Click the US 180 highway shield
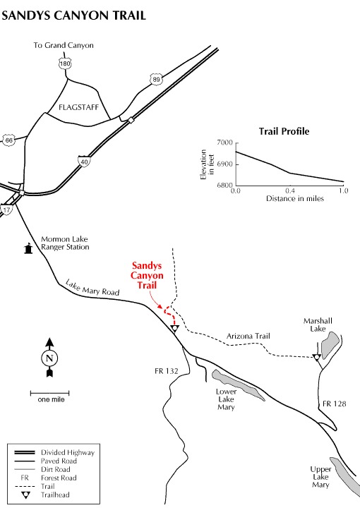(65, 63)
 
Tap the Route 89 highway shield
(156, 80)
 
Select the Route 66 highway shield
(9, 140)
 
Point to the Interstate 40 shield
(85, 162)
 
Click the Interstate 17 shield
(6, 210)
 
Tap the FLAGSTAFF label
(78, 107)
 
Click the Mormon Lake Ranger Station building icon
(29, 248)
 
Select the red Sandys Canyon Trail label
(147, 275)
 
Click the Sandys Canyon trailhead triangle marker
(175, 328)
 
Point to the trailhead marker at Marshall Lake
(317, 358)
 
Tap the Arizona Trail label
(248, 336)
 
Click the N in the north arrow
(49, 358)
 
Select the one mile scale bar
(49, 393)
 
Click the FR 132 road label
(167, 371)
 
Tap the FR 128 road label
(335, 404)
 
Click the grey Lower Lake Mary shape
(239, 385)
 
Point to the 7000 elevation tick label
(225, 143)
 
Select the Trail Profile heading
(284, 131)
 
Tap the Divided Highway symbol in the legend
(24, 453)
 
